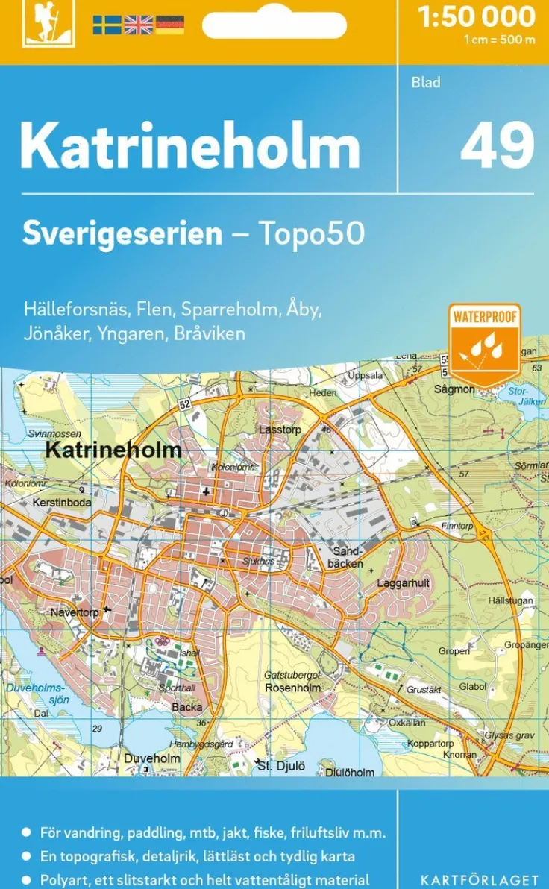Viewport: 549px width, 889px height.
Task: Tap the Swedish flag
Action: (x=107, y=25)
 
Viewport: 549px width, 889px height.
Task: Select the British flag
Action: (x=138, y=25)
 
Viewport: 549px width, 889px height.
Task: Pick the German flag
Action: (x=169, y=25)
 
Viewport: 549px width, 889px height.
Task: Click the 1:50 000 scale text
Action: (x=477, y=16)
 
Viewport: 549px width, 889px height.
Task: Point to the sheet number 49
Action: (x=497, y=145)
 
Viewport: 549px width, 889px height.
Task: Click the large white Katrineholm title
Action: (x=190, y=145)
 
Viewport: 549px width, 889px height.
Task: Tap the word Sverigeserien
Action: (x=122, y=233)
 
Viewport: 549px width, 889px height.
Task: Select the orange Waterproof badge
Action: (x=484, y=344)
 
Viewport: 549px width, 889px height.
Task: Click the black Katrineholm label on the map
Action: (x=113, y=450)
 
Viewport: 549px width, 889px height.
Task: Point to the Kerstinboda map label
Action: (x=62, y=503)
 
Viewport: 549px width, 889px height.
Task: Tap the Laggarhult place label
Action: (x=404, y=583)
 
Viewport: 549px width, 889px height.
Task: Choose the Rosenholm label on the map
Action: (x=292, y=688)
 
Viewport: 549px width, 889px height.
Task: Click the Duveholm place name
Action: (x=152, y=758)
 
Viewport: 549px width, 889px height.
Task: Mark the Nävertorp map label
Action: (x=74, y=612)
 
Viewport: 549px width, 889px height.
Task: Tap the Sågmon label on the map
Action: (x=454, y=389)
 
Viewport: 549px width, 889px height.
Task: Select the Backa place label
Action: (x=186, y=707)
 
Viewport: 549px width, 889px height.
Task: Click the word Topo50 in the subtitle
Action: (x=311, y=233)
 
